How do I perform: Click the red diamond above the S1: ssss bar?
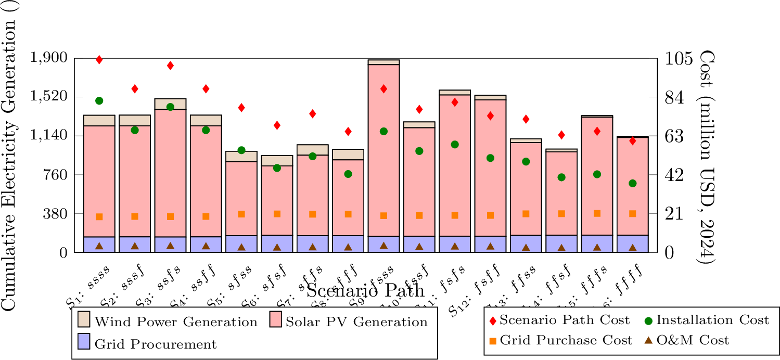click(99, 60)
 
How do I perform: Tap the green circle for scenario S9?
click(383, 131)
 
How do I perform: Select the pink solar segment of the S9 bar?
click(383, 151)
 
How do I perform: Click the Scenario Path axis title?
click(365, 290)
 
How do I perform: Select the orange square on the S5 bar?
click(241, 214)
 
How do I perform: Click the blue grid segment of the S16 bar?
click(632, 243)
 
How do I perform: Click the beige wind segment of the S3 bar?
click(170, 104)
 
